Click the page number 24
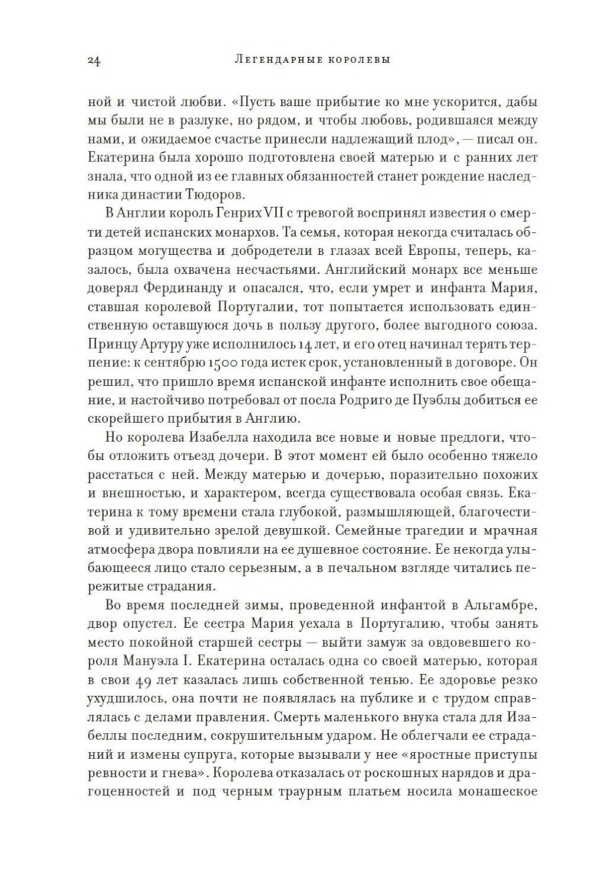[94, 60]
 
